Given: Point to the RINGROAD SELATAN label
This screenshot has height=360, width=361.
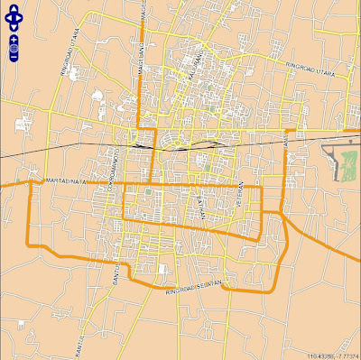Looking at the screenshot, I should point(194,287).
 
